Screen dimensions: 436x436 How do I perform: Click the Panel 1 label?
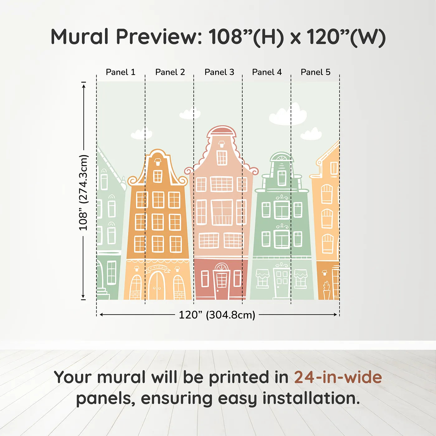tap(121, 72)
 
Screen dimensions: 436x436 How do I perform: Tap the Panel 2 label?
tap(170, 72)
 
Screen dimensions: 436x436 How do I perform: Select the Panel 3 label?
tap(219, 72)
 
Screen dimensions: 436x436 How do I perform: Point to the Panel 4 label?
tap(267, 72)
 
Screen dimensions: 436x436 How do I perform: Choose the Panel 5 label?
tap(315, 72)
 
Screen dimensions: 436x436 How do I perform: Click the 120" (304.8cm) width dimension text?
tap(217, 315)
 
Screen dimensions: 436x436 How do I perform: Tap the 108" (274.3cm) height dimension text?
tap(83, 193)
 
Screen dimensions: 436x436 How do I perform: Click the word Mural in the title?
tap(79, 37)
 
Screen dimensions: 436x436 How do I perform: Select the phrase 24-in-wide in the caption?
tap(338, 377)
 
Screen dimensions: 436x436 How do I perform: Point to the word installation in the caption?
tap(311, 398)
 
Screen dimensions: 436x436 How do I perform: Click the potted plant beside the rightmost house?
tap(326, 291)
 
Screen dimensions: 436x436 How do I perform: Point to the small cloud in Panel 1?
tap(141, 134)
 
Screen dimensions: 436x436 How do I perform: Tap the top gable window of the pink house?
tap(222, 157)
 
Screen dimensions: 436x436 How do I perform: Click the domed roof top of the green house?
tap(282, 157)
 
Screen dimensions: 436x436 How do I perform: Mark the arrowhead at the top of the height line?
tap(83, 85)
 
